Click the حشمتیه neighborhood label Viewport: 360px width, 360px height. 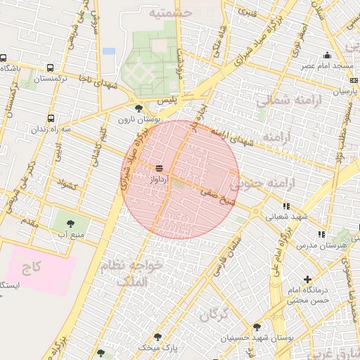169,13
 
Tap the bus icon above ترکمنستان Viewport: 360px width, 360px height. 50,68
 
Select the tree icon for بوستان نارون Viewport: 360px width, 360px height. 139,108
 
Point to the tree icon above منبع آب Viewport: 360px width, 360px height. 68,223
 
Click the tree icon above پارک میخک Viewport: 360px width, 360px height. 157,337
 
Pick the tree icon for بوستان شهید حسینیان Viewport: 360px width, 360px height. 257,327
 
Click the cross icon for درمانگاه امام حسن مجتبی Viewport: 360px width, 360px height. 307,279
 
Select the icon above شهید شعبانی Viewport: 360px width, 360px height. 285,207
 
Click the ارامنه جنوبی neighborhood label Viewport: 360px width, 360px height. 265,184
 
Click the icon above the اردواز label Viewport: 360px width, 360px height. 158,168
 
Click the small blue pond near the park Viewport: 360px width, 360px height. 108,51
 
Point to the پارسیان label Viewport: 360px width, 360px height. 341,91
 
